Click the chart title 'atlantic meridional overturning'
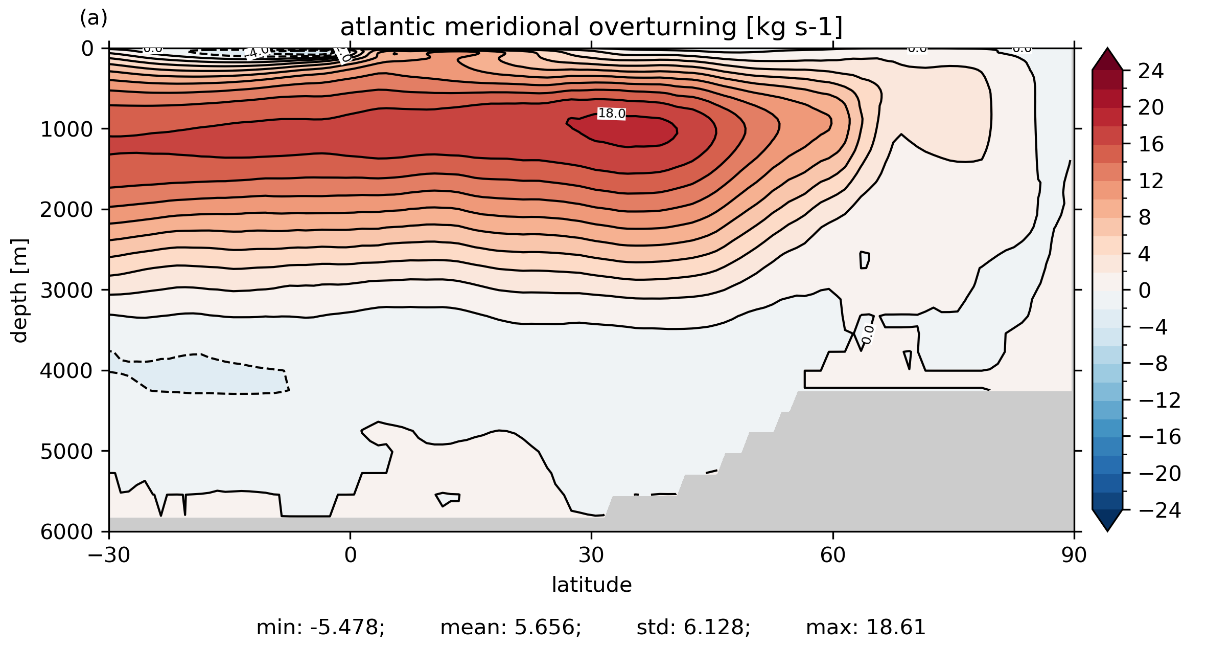point(591,27)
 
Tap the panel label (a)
point(94,18)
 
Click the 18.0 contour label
point(612,114)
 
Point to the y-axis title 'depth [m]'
point(19,290)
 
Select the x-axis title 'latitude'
point(591,585)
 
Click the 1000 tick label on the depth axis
point(67,129)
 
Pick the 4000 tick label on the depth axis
point(67,371)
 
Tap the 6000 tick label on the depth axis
point(67,532)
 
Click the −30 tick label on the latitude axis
point(109,555)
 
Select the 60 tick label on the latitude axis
point(833,555)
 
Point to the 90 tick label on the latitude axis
point(1074,555)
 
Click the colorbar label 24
point(1151,71)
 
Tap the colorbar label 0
point(1145,291)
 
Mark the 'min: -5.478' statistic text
point(320,628)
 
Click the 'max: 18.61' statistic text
point(866,628)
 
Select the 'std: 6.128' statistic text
point(693,628)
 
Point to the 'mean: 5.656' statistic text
point(510,628)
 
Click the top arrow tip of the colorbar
point(1107,50)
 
